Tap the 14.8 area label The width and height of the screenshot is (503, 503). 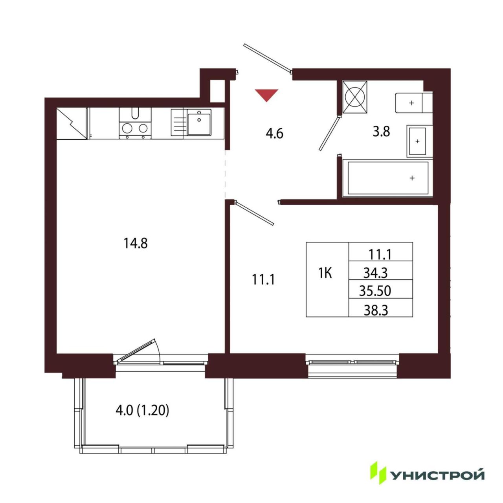pos(136,244)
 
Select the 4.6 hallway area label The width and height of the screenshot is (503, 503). pos(275,134)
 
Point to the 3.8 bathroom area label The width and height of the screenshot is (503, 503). pos(381,132)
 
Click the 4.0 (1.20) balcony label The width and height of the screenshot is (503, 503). pos(142,411)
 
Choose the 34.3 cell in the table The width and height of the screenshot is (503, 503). pos(375,273)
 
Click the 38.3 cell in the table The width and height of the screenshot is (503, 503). pos(376,310)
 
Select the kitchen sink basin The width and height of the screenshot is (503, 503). pos(199,122)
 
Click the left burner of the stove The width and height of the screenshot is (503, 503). pos(127,128)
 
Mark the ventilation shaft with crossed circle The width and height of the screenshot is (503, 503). pos(354,97)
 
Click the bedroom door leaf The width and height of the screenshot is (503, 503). pos(254,213)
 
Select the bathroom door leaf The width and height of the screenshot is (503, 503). pos(329,133)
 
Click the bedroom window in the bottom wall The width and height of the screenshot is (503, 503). pos(352,362)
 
